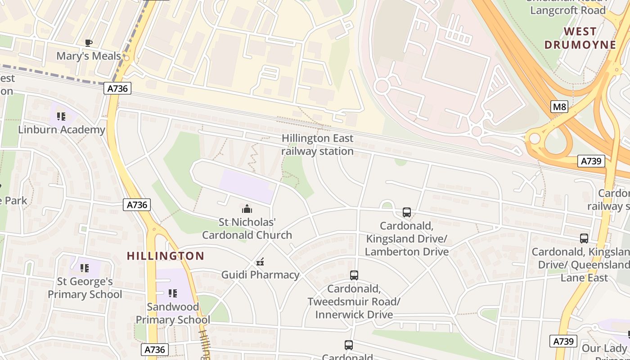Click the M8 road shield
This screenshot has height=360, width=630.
(x=559, y=107)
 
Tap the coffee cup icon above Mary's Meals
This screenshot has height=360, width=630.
(x=89, y=43)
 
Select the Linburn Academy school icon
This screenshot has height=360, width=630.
(x=62, y=117)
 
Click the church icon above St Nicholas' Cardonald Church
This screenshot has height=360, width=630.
(x=247, y=209)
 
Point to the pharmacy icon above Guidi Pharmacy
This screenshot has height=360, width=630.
(x=260, y=262)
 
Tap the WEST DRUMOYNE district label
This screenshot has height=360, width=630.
(x=580, y=38)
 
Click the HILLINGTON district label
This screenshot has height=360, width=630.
(x=166, y=256)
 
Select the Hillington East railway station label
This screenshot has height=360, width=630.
(x=317, y=144)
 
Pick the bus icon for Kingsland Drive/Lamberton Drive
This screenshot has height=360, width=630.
(x=407, y=212)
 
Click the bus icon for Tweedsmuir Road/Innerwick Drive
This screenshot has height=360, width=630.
(x=354, y=275)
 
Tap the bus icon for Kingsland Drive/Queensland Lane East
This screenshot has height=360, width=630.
(x=584, y=238)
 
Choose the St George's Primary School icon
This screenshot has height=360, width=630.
(x=85, y=269)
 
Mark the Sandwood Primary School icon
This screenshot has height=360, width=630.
(x=172, y=294)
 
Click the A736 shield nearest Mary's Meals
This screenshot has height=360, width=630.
(x=118, y=88)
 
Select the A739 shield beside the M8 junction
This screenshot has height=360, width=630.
(x=591, y=161)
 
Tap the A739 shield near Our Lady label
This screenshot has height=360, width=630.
(x=563, y=341)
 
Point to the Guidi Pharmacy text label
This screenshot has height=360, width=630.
(x=260, y=275)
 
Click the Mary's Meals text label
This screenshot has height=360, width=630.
(x=89, y=56)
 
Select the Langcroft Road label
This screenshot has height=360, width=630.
(x=567, y=10)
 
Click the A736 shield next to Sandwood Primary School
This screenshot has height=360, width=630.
(x=155, y=350)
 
